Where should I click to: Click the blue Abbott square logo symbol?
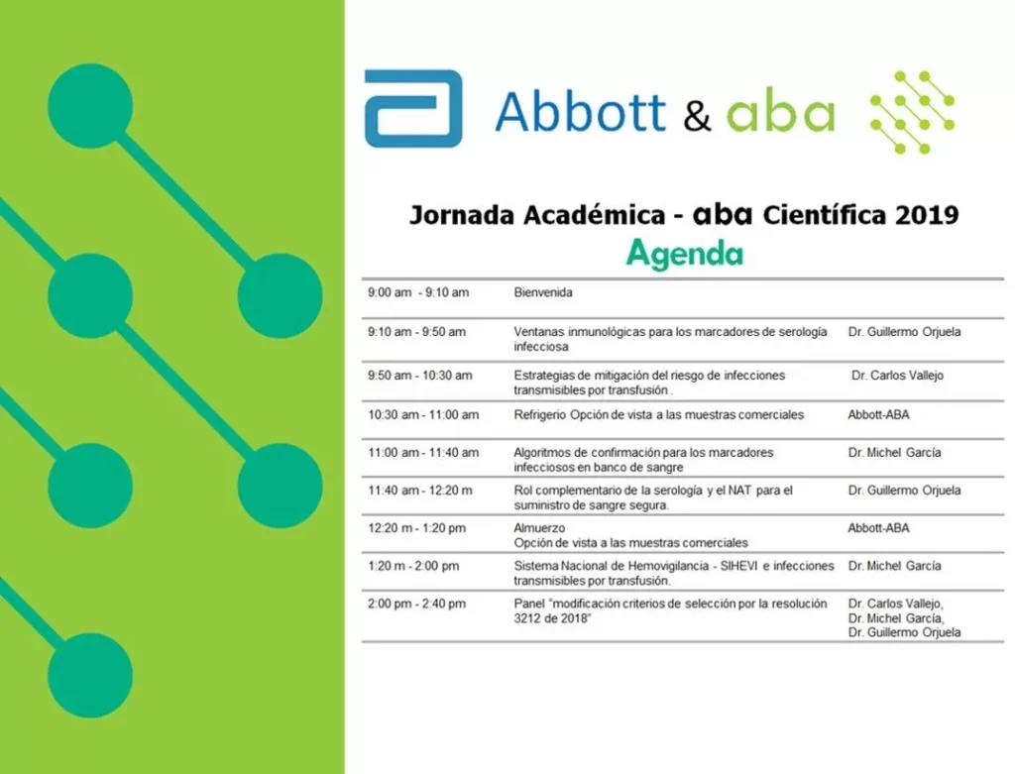point(413,109)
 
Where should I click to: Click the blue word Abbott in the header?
point(581,111)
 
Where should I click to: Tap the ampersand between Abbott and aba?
point(697,115)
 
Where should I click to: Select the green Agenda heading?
point(685,254)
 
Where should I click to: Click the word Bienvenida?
point(543,292)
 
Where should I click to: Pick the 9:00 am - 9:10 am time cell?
point(418,292)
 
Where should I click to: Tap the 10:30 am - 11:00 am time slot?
point(423,415)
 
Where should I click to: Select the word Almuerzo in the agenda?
point(539,528)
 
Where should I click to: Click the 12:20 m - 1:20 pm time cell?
point(417,528)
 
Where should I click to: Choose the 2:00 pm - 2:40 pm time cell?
point(417,604)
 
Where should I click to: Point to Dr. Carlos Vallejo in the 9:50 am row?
point(897,376)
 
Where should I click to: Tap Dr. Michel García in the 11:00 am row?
point(895,452)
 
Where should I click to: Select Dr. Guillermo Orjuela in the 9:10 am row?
point(904,332)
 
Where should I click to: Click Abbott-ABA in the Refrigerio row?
point(878,415)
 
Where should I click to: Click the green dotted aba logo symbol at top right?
point(912,113)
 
